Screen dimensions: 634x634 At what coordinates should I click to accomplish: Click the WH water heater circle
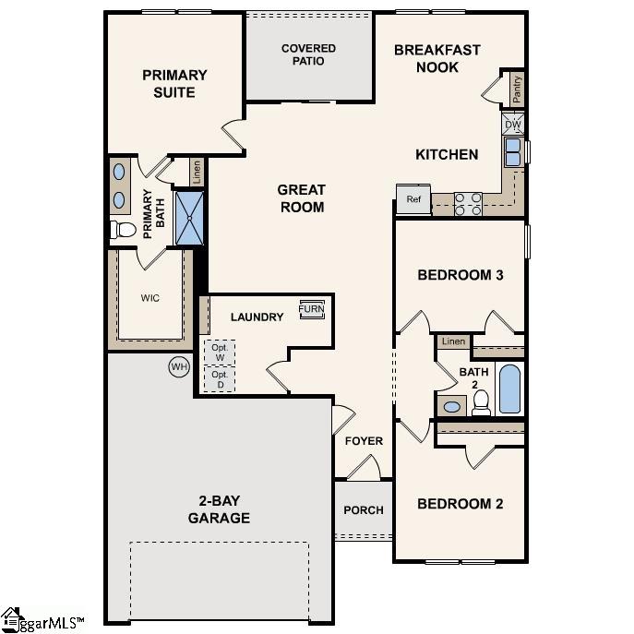pos(178,367)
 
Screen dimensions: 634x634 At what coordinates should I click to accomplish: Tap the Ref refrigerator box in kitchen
pos(413,199)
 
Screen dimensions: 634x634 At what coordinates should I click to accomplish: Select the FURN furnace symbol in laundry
pos(311,310)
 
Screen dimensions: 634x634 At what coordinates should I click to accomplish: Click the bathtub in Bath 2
pos(509,389)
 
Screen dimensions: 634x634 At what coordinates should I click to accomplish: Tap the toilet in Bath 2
pos(481,401)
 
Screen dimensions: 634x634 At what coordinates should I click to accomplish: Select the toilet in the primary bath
pos(123,229)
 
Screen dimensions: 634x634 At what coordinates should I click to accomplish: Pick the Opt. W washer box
pos(220,353)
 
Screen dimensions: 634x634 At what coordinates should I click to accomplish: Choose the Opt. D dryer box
pos(220,380)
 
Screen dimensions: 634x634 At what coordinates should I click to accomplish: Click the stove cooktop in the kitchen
pos(468,203)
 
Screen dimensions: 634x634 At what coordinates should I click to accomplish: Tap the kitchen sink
pos(512,151)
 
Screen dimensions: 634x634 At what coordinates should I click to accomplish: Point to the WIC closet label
pos(150,298)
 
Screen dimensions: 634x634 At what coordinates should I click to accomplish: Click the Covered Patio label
pos(308,54)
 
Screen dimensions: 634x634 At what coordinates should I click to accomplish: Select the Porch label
pos(363,510)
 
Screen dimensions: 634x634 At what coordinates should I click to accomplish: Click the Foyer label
pos(364,441)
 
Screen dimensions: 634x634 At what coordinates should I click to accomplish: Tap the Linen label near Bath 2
pos(453,341)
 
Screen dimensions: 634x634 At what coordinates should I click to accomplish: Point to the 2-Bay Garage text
pos(219,509)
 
